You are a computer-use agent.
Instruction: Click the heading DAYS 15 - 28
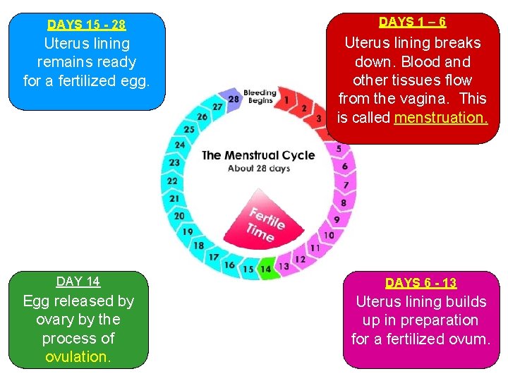[x=86, y=25]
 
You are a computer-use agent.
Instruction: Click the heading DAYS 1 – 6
[x=412, y=22]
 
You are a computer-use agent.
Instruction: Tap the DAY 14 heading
[x=78, y=282]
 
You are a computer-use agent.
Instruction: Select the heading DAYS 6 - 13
[x=421, y=283]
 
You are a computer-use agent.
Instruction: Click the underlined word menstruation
[x=440, y=118]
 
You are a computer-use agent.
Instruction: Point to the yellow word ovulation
[x=78, y=356]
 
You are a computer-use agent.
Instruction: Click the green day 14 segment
[x=265, y=269]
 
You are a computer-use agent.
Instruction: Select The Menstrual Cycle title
[x=258, y=155]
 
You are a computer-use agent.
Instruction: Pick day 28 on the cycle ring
[x=234, y=99]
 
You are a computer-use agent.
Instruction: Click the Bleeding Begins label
[x=259, y=97]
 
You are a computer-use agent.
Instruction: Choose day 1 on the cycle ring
[x=286, y=101]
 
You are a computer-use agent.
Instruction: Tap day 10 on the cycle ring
[x=329, y=235]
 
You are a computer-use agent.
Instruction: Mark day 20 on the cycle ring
[x=179, y=216]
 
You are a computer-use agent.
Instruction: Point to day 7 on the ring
[x=345, y=185]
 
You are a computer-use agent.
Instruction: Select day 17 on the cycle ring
[x=213, y=257]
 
